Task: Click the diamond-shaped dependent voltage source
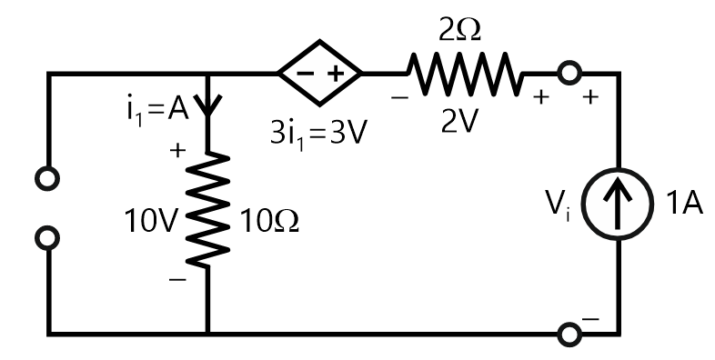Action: (x=320, y=72)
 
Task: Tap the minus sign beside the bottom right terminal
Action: (x=591, y=319)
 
